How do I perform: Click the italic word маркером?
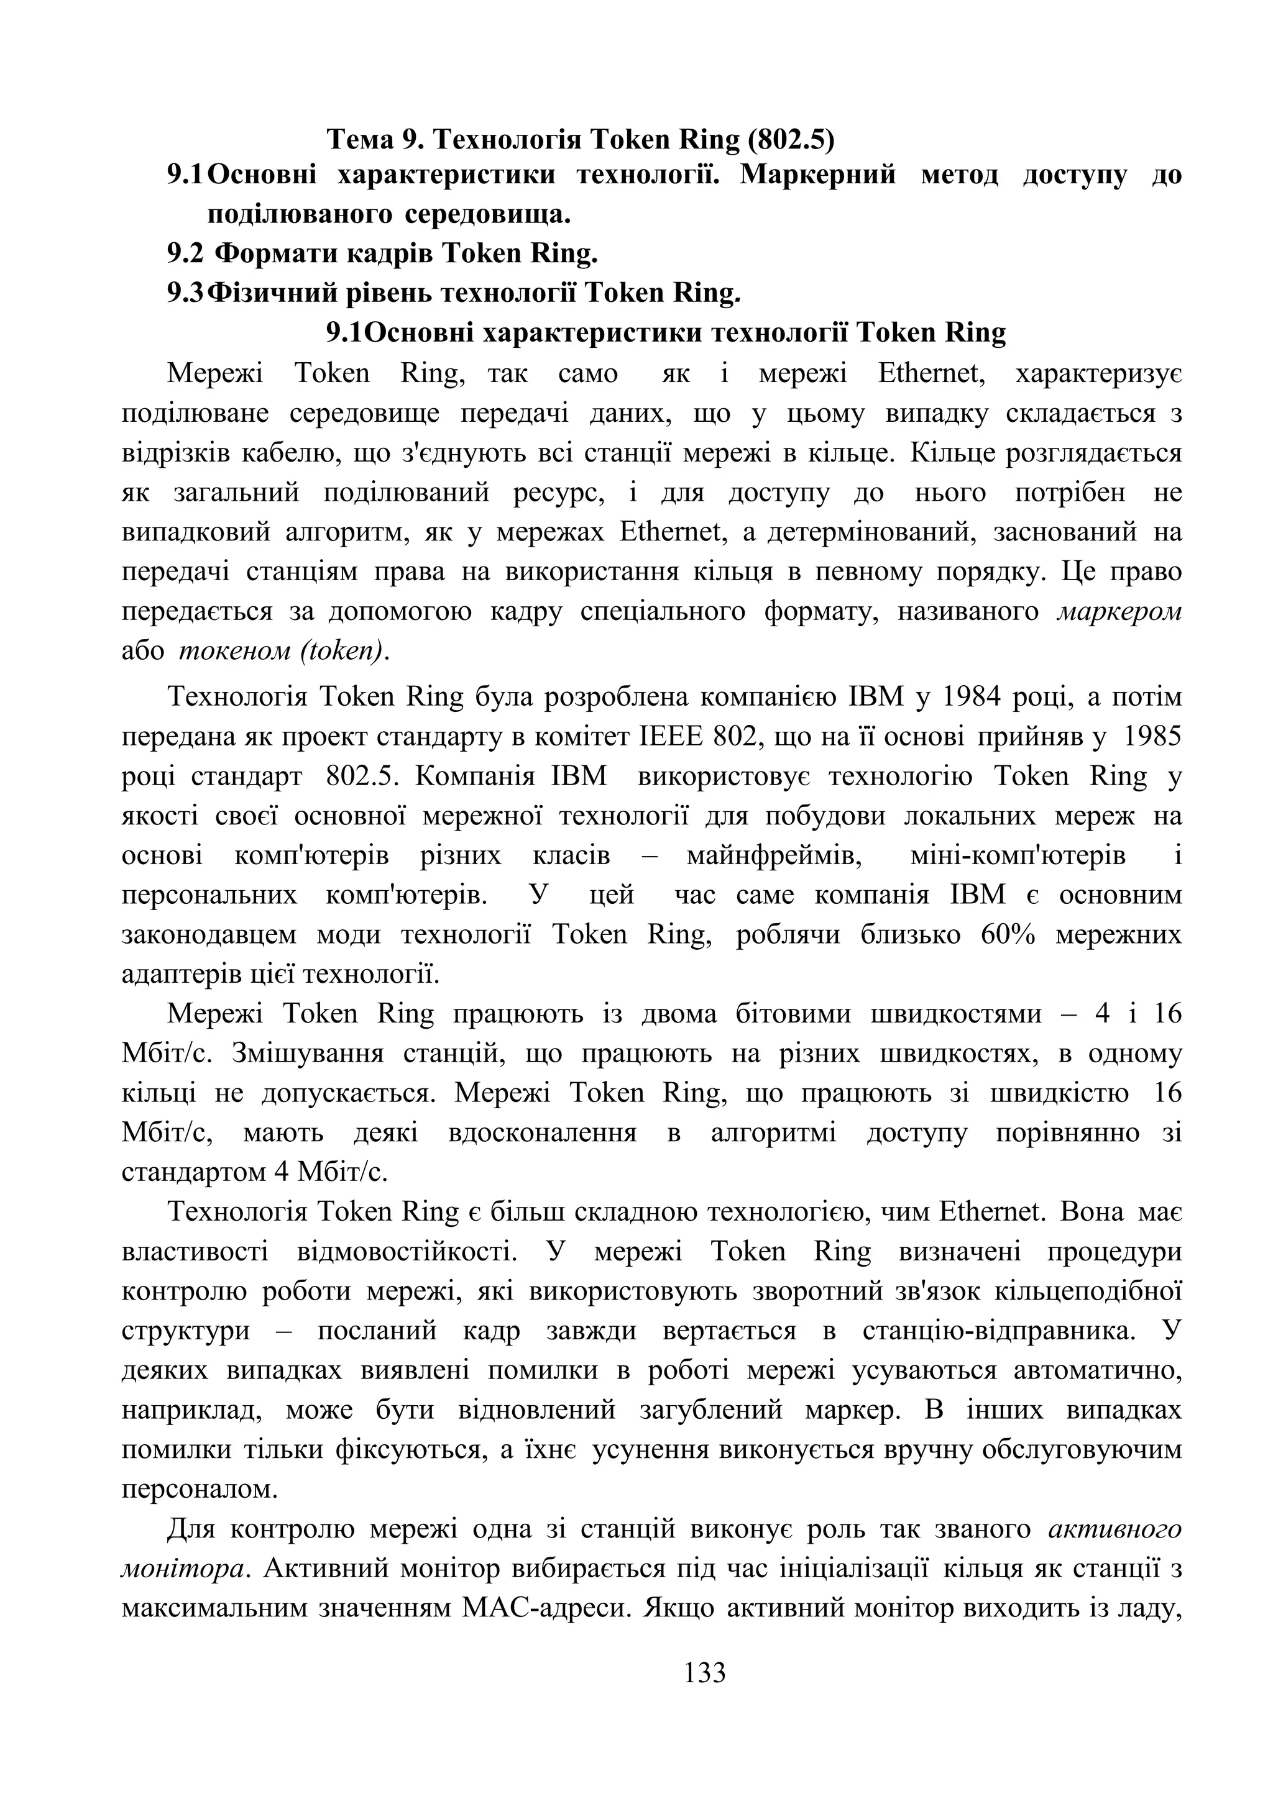1119,611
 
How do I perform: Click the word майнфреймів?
774,855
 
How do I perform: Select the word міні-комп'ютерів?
1018,855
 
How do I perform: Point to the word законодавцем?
209,935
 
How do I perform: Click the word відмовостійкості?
403,1252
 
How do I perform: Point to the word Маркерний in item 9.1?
819,174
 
